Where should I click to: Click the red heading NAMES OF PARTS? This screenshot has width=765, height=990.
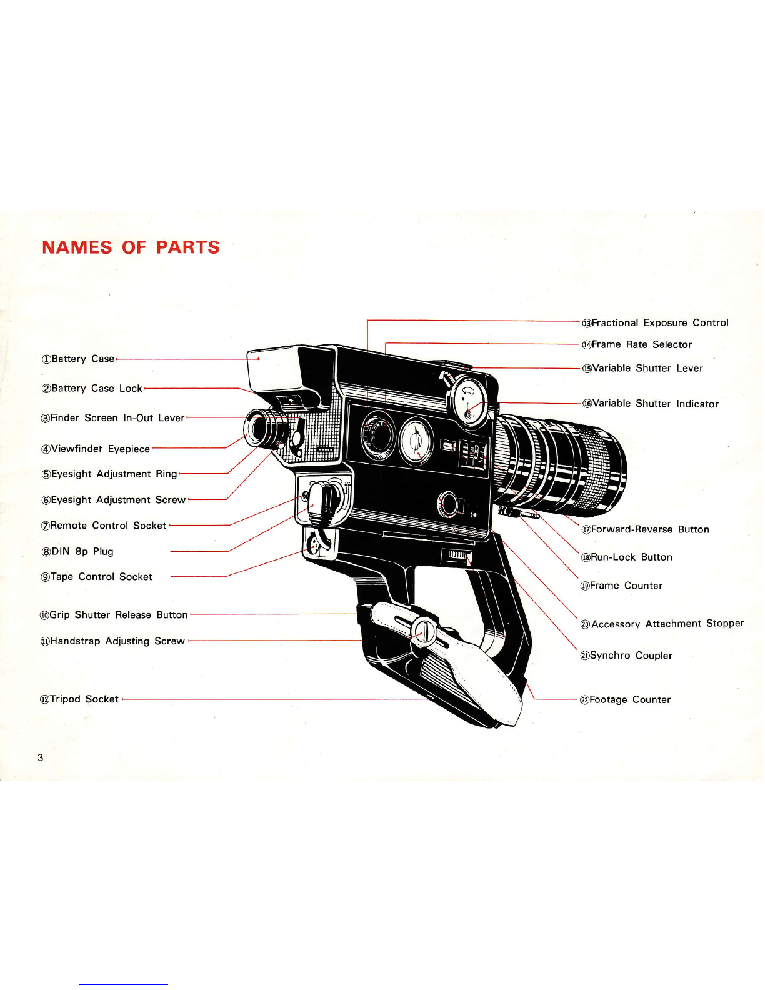[131, 247]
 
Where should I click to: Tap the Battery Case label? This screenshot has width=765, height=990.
[78, 359]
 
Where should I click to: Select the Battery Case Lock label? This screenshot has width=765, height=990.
[92, 389]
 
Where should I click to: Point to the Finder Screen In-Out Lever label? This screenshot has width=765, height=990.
[113, 417]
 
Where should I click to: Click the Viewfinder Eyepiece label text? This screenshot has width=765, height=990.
[96, 449]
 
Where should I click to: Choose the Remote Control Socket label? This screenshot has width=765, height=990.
[104, 526]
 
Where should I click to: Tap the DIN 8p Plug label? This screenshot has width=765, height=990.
[77, 552]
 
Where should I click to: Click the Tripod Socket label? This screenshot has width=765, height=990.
[80, 699]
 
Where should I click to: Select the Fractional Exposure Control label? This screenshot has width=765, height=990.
[655, 323]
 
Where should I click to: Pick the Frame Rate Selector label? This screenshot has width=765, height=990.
[637, 345]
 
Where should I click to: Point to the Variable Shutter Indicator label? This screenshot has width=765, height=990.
[651, 404]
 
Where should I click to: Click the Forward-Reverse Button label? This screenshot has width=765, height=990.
[646, 529]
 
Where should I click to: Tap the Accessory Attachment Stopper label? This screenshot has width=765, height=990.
[662, 624]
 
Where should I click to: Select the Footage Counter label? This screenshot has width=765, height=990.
[626, 700]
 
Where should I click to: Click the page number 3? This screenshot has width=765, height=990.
[41, 757]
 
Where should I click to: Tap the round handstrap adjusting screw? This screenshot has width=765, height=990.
[424, 631]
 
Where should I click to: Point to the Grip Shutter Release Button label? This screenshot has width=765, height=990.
[114, 615]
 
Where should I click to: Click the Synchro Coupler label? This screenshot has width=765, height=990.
[626, 656]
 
